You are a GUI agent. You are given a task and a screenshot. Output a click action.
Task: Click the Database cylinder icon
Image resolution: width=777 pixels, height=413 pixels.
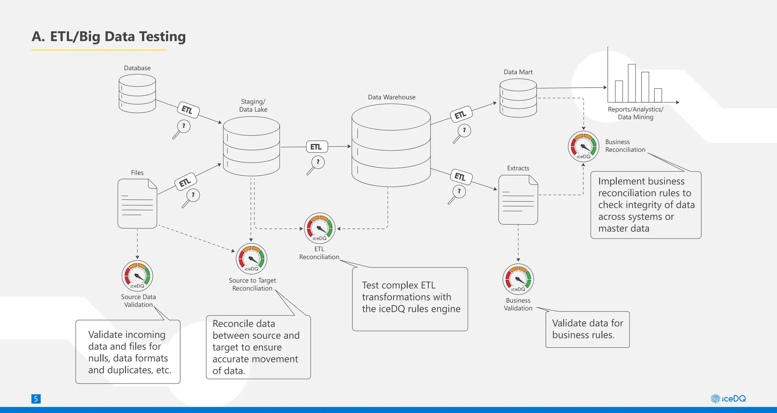(137, 93)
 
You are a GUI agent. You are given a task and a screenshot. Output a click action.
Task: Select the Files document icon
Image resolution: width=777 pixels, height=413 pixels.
(137, 203)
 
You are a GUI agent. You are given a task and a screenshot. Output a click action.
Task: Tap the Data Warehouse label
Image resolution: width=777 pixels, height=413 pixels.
(392, 97)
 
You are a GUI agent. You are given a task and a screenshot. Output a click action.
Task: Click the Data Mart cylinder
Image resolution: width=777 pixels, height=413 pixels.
(518, 98)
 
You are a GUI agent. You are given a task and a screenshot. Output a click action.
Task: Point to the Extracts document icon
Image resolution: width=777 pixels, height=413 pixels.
(518, 200)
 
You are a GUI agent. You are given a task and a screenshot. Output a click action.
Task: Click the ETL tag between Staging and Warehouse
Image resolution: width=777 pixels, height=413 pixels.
(316, 147)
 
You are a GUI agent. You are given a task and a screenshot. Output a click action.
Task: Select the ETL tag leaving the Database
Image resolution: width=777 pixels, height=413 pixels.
(188, 110)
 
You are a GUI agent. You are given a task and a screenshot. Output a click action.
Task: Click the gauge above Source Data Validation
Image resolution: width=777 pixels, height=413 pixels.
(137, 276)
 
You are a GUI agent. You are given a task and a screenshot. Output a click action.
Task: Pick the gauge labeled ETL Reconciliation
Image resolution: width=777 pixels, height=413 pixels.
(320, 228)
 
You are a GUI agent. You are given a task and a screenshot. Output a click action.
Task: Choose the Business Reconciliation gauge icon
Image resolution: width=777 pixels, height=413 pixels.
(584, 147)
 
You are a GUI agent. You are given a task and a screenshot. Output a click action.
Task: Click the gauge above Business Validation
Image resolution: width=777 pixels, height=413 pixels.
(518, 279)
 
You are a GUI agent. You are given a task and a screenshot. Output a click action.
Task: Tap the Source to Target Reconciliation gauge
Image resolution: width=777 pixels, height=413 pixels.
(252, 259)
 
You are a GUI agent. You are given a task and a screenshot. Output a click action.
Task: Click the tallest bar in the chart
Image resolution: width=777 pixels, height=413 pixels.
(632, 83)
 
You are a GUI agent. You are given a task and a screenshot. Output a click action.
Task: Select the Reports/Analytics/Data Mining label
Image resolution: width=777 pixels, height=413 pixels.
(635, 113)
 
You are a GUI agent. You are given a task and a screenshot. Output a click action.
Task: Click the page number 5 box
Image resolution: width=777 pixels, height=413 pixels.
(36, 399)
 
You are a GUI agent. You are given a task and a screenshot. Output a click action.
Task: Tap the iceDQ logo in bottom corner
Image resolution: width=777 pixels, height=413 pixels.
(728, 399)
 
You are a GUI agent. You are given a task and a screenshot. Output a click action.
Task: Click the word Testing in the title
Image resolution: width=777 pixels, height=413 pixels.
(162, 36)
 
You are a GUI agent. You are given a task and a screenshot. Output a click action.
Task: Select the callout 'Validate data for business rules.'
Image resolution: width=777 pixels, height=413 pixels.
(587, 329)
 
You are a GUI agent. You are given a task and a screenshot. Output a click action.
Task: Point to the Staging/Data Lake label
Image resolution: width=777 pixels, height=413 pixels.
(253, 106)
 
